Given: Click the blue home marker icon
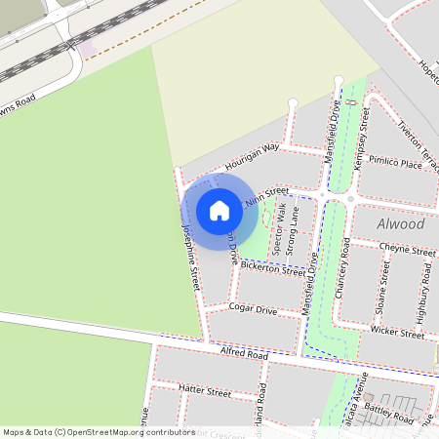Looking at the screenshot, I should click(x=219, y=211).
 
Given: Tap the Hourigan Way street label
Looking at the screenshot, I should click(x=252, y=155).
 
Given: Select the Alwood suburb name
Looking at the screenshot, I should click(x=401, y=224).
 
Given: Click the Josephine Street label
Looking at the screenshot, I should click(x=191, y=257).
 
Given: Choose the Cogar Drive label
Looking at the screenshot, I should click(x=253, y=309).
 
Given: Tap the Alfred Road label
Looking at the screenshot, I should click(x=244, y=354).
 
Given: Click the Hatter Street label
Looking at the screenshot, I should click(x=205, y=391).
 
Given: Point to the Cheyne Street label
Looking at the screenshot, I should click(x=407, y=250).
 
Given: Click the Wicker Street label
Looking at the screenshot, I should click(x=398, y=333).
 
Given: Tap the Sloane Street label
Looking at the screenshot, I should click(x=383, y=287).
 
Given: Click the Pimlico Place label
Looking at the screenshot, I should click(x=396, y=165).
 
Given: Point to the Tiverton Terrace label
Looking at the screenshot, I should click(x=420, y=140).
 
